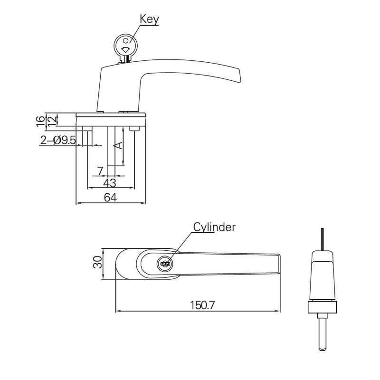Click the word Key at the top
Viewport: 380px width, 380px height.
[x=149, y=19]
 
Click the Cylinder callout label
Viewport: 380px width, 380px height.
[x=214, y=227]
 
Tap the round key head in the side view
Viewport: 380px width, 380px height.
[x=126, y=46]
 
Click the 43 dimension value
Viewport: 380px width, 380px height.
[x=110, y=182]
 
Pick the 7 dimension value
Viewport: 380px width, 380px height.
[x=100, y=170]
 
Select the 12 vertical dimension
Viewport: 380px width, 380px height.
[x=51, y=119]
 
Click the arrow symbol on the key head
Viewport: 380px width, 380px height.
[x=126, y=49]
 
